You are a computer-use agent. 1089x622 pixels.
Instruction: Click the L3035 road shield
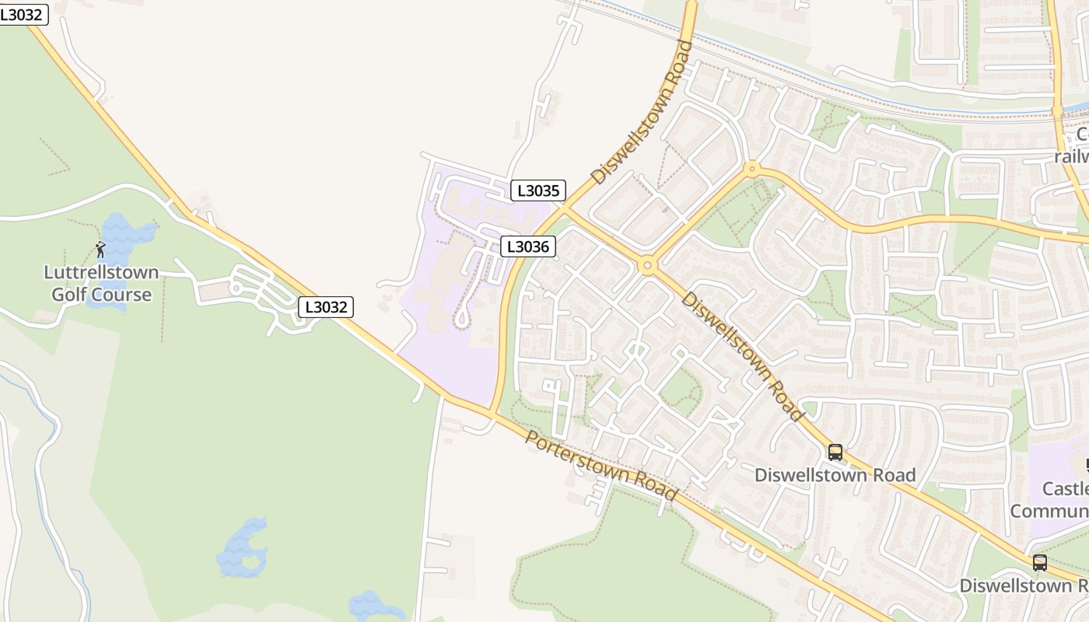pyautogui.click(x=537, y=190)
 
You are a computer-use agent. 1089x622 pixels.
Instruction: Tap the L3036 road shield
pyautogui.click(x=527, y=247)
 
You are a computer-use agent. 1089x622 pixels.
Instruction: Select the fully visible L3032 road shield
pyautogui.click(x=326, y=307)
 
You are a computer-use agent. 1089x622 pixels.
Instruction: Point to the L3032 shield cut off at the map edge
pyautogui.click(x=23, y=14)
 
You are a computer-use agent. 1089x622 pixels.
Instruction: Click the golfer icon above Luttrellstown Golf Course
pyautogui.click(x=100, y=250)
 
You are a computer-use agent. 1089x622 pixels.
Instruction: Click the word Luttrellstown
pyautogui.click(x=101, y=273)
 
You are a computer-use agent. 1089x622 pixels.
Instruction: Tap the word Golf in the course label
pyautogui.click(x=69, y=295)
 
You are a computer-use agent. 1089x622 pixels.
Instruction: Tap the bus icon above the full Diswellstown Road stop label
pyautogui.click(x=835, y=452)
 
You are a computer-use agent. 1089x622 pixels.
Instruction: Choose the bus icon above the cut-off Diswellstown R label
pyautogui.click(x=1040, y=562)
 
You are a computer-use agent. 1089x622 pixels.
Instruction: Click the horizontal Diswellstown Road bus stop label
pyautogui.click(x=835, y=475)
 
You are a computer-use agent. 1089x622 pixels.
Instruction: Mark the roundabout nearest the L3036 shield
pyautogui.click(x=647, y=266)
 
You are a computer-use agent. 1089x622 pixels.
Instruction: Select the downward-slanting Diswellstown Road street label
pyautogui.click(x=741, y=355)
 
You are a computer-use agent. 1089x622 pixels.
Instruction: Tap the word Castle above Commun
pyautogui.click(x=1065, y=489)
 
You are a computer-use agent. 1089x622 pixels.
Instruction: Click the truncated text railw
pyautogui.click(x=1071, y=156)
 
